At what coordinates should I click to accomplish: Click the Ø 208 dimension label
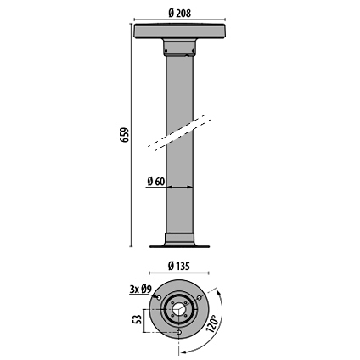[179, 13]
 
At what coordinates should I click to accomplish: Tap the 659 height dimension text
[125, 135]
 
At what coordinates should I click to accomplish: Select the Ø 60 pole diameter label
[156, 181]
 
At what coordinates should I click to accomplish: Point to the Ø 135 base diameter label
[178, 266]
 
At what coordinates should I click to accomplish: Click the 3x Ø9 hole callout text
[141, 289]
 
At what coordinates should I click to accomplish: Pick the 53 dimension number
[137, 321]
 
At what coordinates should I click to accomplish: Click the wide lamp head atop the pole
[180, 31]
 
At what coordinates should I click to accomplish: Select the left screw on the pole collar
[166, 51]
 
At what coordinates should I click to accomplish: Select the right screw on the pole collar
[194, 51]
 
